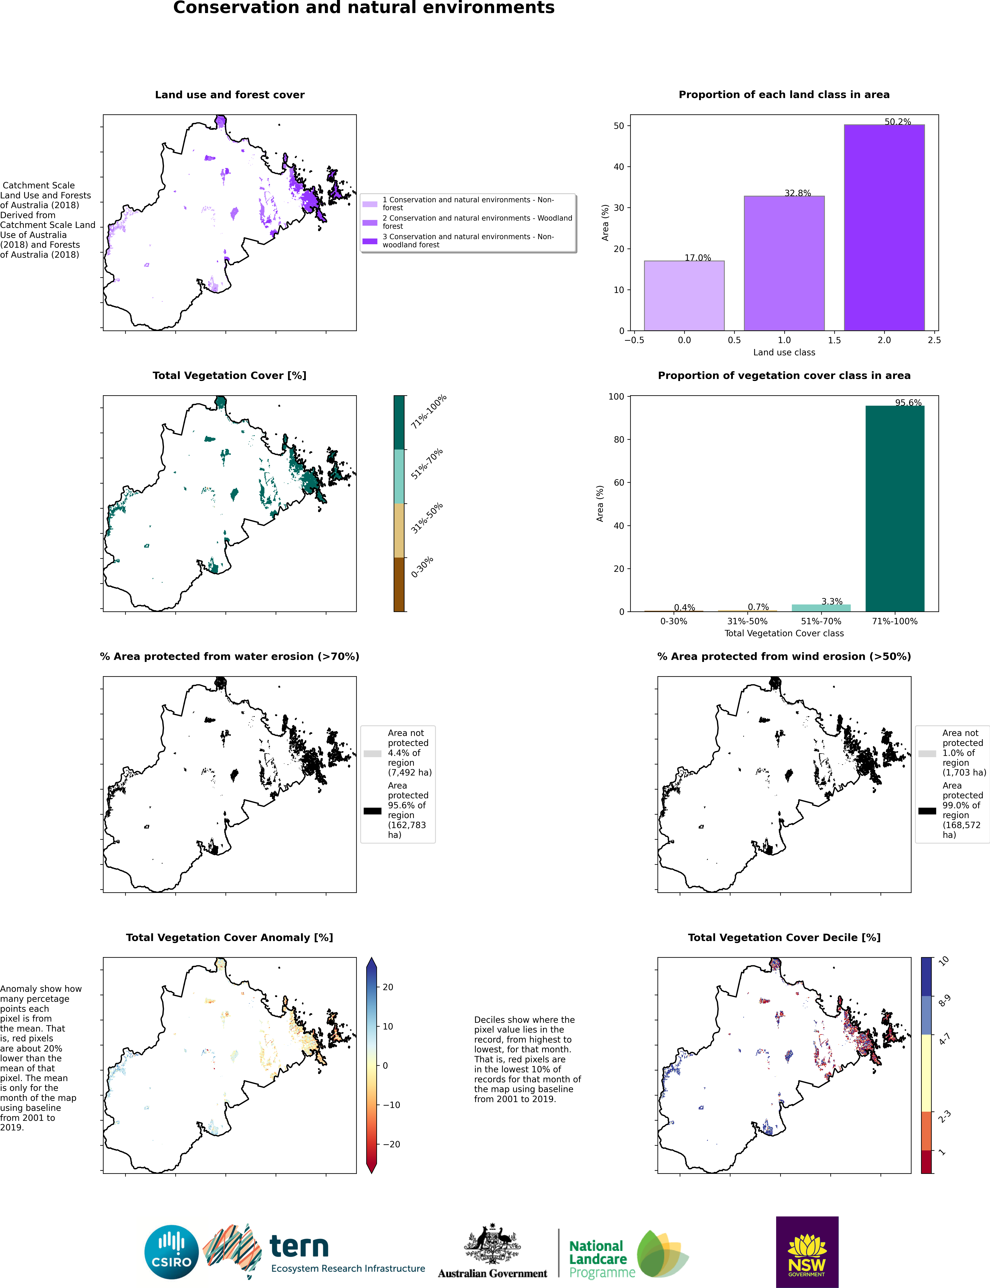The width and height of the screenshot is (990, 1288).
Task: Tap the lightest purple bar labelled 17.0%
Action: (684, 296)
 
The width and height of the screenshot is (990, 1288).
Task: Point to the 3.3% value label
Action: (832, 601)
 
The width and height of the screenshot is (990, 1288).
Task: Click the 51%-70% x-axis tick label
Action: (821, 621)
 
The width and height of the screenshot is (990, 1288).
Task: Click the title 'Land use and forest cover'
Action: (230, 95)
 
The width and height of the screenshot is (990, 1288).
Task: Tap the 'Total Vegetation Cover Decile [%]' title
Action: (784, 937)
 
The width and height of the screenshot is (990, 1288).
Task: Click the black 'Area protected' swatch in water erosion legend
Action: (372, 811)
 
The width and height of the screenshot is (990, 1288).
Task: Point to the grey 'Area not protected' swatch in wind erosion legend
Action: (927, 754)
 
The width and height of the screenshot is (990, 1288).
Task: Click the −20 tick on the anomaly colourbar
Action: (391, 1144)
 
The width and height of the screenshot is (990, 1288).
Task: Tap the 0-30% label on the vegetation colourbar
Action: (422, 567)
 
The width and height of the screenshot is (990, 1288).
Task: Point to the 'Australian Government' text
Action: (493, 1273)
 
